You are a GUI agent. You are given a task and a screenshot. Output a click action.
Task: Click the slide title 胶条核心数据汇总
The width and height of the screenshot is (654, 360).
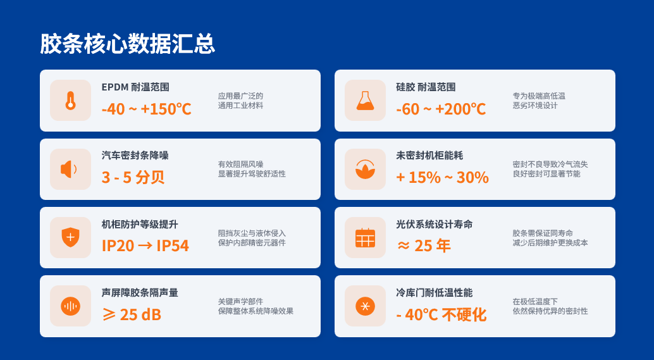pyautogui.click(x=127, y=44)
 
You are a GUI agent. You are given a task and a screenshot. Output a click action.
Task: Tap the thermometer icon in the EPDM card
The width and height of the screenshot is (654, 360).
pyautogui.click(x=70, y=101)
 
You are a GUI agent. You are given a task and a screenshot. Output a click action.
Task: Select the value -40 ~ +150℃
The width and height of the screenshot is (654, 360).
pyautogui.click(x=146, y=109)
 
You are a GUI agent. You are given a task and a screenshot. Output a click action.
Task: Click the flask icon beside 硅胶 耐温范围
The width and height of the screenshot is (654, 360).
pyautogui.click(x=365, y=101)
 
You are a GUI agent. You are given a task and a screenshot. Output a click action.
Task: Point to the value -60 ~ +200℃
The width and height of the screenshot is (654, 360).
pyautogui.click(x=441, y=109)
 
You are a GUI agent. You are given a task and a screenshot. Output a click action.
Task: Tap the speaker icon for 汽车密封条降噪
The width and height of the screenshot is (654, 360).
pyautogui.click(x=69, y=170)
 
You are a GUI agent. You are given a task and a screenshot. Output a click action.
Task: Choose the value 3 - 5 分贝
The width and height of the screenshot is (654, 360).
pyautogui.click(x=133, y=178)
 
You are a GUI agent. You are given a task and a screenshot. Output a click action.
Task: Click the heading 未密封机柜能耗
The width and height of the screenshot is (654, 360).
pyautogui.click(x=429, y=156)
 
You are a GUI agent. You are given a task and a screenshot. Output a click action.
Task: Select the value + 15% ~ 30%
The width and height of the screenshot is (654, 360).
pyautogui.click(x=443, y=178)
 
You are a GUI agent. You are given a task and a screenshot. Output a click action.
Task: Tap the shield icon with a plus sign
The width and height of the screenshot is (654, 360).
pyautogui.click(x=70, y=237)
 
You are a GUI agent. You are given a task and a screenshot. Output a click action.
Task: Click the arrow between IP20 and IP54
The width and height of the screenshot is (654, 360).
pyautogui.click(x=145, y=245)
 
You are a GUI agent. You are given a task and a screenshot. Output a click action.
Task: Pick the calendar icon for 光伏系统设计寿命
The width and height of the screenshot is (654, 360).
pyautogui.click(x=365, y=238)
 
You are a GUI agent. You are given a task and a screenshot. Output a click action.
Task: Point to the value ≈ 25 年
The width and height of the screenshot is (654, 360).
pyautogui.click(x=423, y=246)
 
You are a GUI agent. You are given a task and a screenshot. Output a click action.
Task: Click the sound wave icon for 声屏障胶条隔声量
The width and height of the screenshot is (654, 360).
pyautogui.click(x=70, y=306)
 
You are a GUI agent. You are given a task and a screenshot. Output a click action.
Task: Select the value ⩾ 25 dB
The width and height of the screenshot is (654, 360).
pyautogui.click(x=132, y=314)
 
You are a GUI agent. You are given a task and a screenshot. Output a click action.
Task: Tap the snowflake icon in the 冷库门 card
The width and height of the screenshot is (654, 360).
pyautogui.click(x=365, y=306)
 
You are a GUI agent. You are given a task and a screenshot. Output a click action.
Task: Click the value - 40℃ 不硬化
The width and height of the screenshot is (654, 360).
pyautogui.click(x=441, y=314)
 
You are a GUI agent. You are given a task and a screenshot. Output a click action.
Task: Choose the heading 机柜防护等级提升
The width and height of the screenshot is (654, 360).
pyautogui.click(x=140, y=225)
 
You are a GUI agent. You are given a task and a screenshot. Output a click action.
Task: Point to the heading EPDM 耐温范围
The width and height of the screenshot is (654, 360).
pyautogui.click(x=135, y=87)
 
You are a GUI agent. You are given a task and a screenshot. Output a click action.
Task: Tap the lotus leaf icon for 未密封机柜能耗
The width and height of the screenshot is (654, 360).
pyautogui.click(x=365, y=170)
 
